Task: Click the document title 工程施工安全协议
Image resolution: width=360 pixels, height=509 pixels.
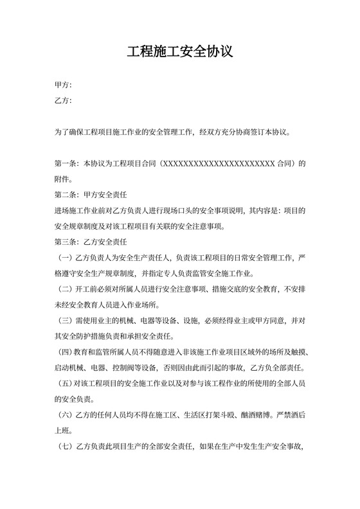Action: [179, 51]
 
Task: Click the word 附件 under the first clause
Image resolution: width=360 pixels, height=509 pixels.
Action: [62, 180]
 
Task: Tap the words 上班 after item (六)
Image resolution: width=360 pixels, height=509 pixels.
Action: [62, 431]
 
